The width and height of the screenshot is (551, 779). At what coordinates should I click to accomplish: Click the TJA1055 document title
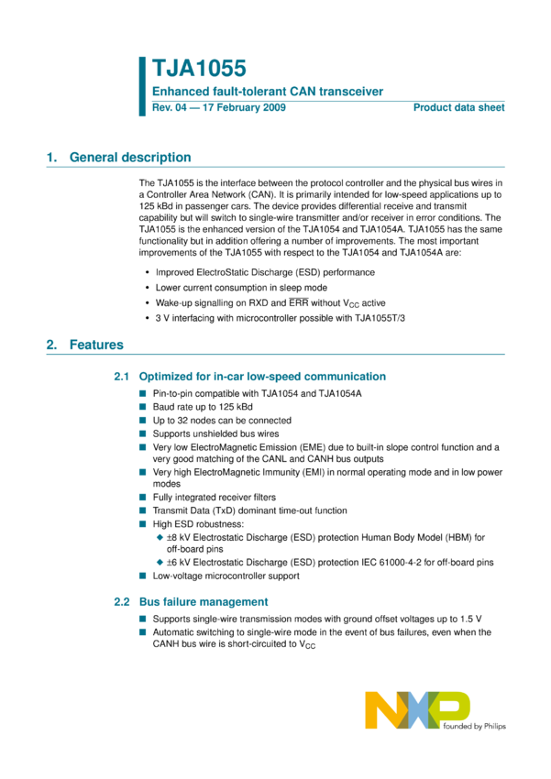coord(199,70)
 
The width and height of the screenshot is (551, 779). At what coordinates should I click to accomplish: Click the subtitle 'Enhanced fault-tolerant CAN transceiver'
coord(267,92)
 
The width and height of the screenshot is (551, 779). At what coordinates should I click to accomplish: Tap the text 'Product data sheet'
coord(458,108)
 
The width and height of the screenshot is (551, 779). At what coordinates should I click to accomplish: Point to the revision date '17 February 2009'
coord(242,108)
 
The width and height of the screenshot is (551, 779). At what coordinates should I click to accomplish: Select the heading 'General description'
coord(130,158)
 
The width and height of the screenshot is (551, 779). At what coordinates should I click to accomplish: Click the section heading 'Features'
coord(97,346)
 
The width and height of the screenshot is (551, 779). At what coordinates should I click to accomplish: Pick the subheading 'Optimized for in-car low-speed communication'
coord(262,377)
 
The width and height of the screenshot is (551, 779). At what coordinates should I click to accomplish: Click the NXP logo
coord(417,710)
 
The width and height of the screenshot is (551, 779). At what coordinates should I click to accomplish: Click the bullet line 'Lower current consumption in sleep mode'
coord(241,287)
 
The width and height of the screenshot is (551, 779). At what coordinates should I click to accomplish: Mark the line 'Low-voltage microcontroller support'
coord(226,576)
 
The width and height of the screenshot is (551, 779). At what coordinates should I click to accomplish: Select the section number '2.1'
coord(123,377)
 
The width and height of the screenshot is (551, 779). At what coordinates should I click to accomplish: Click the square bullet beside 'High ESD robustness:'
coord(143,523)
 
